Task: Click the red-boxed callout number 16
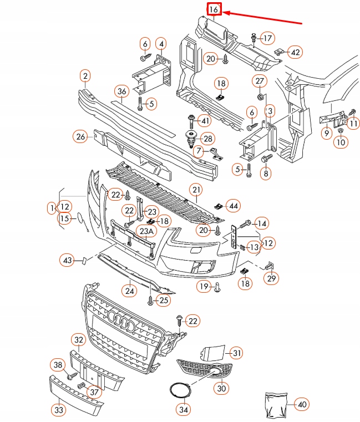click(x=214, y=9)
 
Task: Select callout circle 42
click(x=296, y=52)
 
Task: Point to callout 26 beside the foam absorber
click(x=81, y=136)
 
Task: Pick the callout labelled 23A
click(x=146, y=231)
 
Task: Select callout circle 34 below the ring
click(x=182, y=410)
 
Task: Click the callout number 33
click(x=58, y=410)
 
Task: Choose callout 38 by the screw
click(x=58, y=364)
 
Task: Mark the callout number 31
click(x=237, y=352)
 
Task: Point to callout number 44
click(x=235, y=206)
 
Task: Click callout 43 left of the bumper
click(x=68, y=260)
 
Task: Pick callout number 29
click(x=271, y=278)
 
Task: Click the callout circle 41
click(x=205, y=121)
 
